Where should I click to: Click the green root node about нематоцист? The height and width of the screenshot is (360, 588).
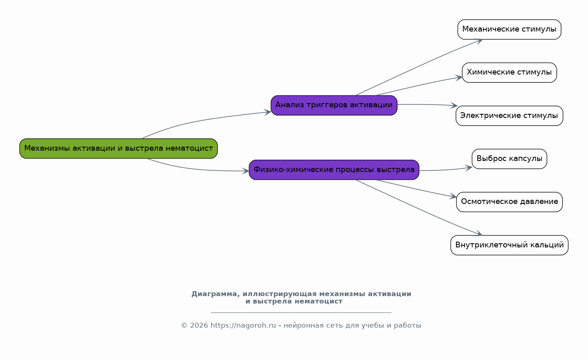(x=118, y=149)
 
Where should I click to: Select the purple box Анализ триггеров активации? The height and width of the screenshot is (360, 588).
(x=334, y=105)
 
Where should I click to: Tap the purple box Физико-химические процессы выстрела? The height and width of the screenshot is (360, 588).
(x=334, y=170)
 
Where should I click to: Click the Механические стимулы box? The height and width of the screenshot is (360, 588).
(x=509, y=29)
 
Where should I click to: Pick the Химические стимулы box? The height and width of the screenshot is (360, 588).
(x=509, y=72)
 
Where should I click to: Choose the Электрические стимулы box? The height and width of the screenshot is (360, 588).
(x=509, y=116)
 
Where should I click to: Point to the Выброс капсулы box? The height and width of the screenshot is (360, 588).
(x=509, y=159)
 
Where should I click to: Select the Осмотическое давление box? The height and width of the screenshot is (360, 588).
(x=509, y=202)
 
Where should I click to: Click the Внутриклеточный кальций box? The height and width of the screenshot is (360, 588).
(x=509, y=245)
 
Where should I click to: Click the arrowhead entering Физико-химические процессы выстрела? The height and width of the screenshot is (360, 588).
(x=246, y=171)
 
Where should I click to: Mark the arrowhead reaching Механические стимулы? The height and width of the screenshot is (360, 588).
(x=479, y=41)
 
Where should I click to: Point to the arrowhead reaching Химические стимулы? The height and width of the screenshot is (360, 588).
(x=459, y=78)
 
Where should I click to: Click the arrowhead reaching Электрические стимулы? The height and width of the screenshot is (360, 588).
(x=455, y=106)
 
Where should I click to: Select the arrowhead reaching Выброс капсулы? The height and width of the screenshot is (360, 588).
(x=469, y=168)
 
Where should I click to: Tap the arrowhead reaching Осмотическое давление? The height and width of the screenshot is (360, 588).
(x=454, y=196)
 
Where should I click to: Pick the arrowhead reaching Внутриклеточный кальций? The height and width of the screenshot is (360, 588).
(x=479, y=233)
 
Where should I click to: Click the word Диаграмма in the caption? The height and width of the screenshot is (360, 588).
(x=216, y=294)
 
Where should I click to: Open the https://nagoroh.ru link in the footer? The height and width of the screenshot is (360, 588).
(x=243, y=325)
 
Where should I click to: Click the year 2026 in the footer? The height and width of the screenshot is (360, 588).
(x=199, y=326)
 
